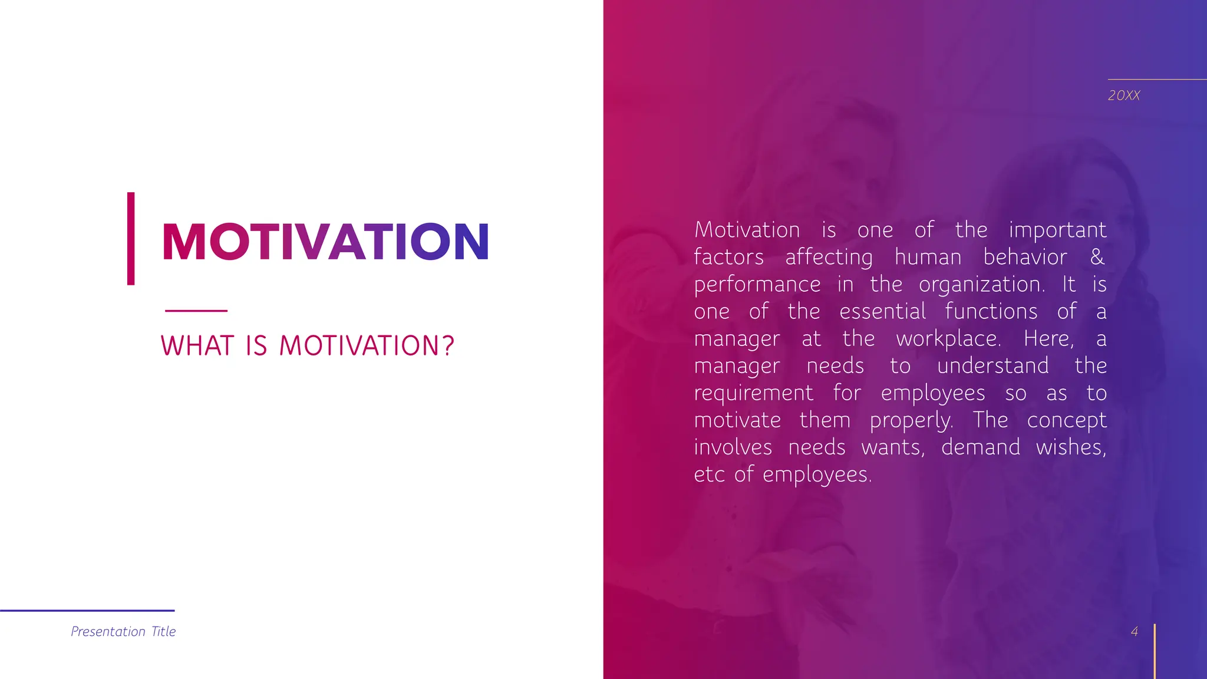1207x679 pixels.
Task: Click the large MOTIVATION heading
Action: [325, 242]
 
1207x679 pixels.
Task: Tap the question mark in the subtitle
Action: [448, 345]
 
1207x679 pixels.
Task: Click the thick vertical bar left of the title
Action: [131, 239]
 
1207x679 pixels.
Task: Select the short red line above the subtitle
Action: [196, 311]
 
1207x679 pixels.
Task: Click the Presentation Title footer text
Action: [123, 631]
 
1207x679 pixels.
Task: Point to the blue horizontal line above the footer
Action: [87, 611]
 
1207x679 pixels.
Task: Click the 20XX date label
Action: [1124, 95]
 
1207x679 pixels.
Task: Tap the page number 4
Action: [1134, 632]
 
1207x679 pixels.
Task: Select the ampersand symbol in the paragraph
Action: [1097, 257]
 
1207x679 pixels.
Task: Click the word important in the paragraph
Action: [1057, 230]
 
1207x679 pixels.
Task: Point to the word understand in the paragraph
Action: [993, 366]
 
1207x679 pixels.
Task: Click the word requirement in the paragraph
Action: [753, 393]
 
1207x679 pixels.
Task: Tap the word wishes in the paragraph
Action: [1071, 447]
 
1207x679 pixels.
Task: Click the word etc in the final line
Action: [709, 474]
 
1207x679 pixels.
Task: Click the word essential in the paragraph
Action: [882, 311]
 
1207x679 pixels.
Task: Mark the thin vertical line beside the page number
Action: [1155, 651]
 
